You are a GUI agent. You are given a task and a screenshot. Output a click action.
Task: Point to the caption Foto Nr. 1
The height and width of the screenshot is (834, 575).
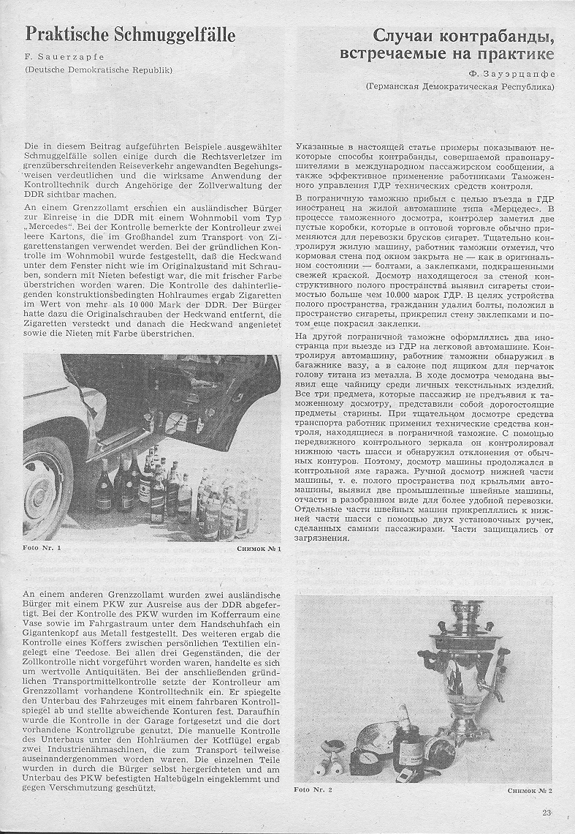coord(42,546)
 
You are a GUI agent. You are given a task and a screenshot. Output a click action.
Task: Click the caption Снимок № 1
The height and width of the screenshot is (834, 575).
coord(259,546)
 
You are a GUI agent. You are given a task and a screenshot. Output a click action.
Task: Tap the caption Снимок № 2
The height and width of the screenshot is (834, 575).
coord(530,790)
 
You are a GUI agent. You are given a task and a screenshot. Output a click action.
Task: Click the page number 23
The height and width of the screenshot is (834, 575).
coord(547,810)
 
